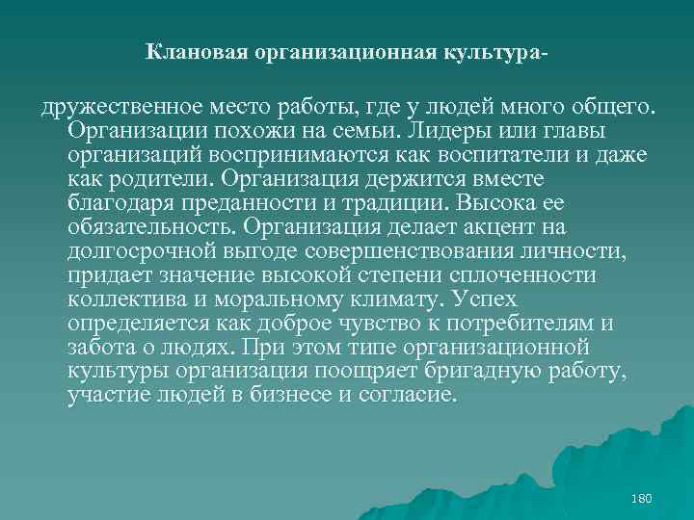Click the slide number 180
[640, 499]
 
